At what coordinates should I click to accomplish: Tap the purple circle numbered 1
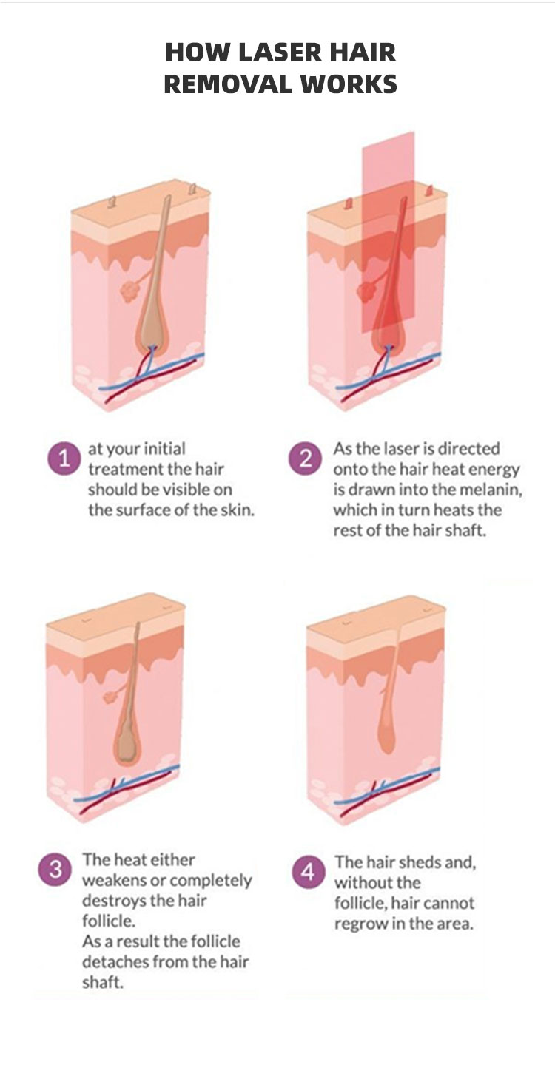(x=64, y=458)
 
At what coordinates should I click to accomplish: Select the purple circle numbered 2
(x=305, y=459)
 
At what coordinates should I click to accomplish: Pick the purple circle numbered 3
(x=55, y=870)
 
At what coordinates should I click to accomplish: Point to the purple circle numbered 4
(x=308, y=872)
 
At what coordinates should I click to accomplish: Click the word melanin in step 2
(x=491, y=490)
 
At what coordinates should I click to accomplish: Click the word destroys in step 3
(x=112, y=901)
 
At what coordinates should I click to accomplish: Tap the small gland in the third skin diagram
(x=111, y=696)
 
